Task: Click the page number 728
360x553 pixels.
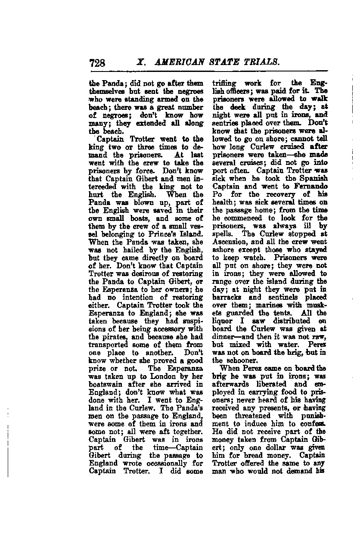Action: pos(97,63)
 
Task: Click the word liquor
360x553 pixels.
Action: pos(226,320)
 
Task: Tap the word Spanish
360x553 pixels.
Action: pos(310,178)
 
